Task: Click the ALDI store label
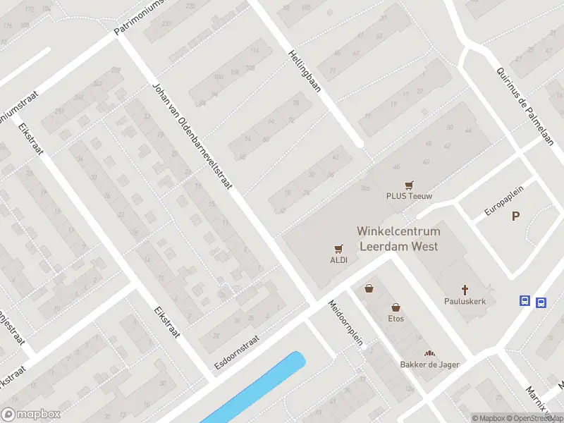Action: tap(339, 259)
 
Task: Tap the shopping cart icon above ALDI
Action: tap(339, 248)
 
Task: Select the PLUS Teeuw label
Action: tap(409, 197)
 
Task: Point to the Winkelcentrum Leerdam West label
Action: tap(398, 239)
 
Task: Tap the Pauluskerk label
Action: tap(465, 301)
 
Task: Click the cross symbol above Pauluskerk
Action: tap(465, 289)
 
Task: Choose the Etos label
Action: tap(396, 319)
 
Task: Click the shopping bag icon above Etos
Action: tap(396, 307)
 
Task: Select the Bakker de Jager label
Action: tap(429, 364)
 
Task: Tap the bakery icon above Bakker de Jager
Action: tap(429, 352)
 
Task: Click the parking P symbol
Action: tap(516, 216)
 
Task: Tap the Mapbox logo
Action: tap(31, 415)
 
